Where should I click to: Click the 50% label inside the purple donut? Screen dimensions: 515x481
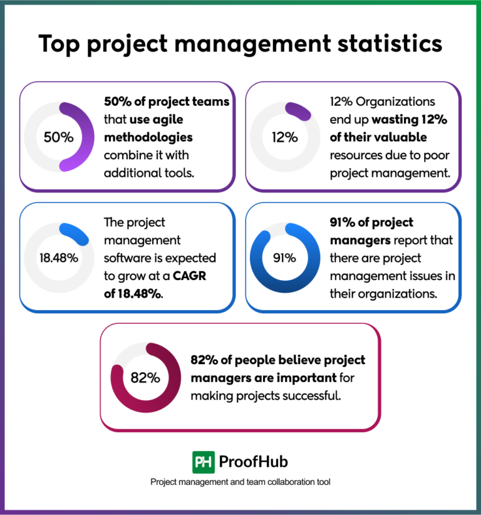click(59, 137)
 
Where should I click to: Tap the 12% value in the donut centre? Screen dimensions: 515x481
click(284, 137)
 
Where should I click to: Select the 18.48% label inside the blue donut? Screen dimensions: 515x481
click(59, 258)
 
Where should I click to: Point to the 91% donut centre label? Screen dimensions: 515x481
click(284, 258)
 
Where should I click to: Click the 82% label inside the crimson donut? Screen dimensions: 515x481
click(145, 378)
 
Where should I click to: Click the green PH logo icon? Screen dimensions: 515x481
click(203, 462)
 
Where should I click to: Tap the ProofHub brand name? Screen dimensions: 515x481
click(254, 462)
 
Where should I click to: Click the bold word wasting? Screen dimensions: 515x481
click(400, 120)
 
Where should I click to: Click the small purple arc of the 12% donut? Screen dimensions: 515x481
click(299, 111)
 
